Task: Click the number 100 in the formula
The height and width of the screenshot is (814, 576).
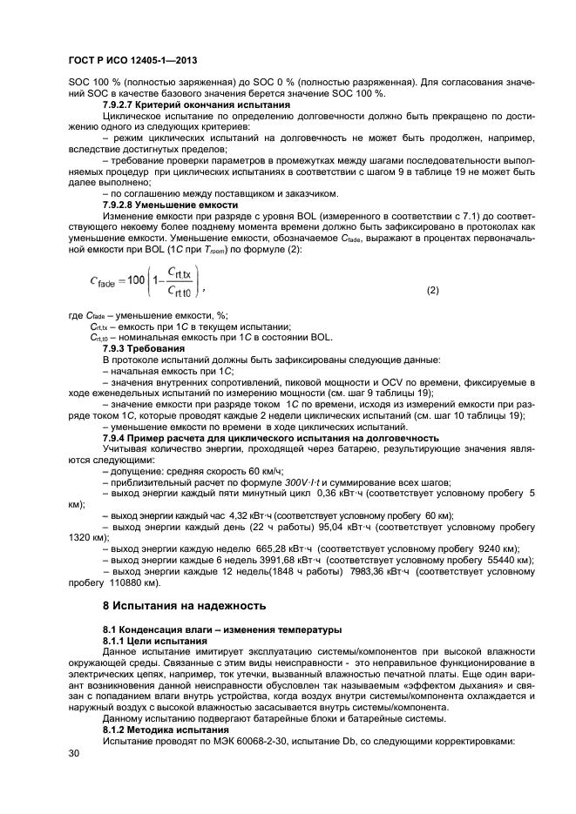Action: click(x=140, y=280)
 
